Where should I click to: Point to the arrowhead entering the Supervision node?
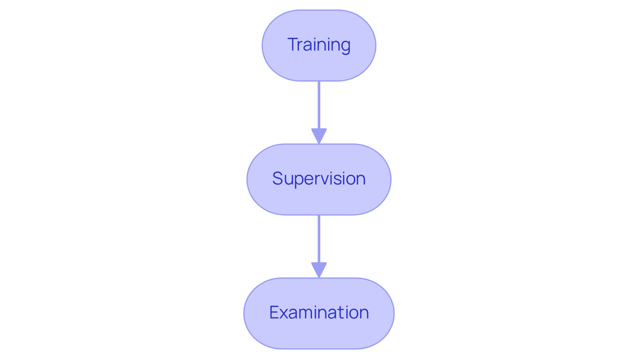point(319,136)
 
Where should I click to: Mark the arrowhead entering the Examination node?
point(319,270)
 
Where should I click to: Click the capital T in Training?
point(293,45)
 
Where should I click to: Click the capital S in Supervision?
point(278,179)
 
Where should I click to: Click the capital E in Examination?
point(274,312)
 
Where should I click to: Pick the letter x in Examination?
point(284,314)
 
